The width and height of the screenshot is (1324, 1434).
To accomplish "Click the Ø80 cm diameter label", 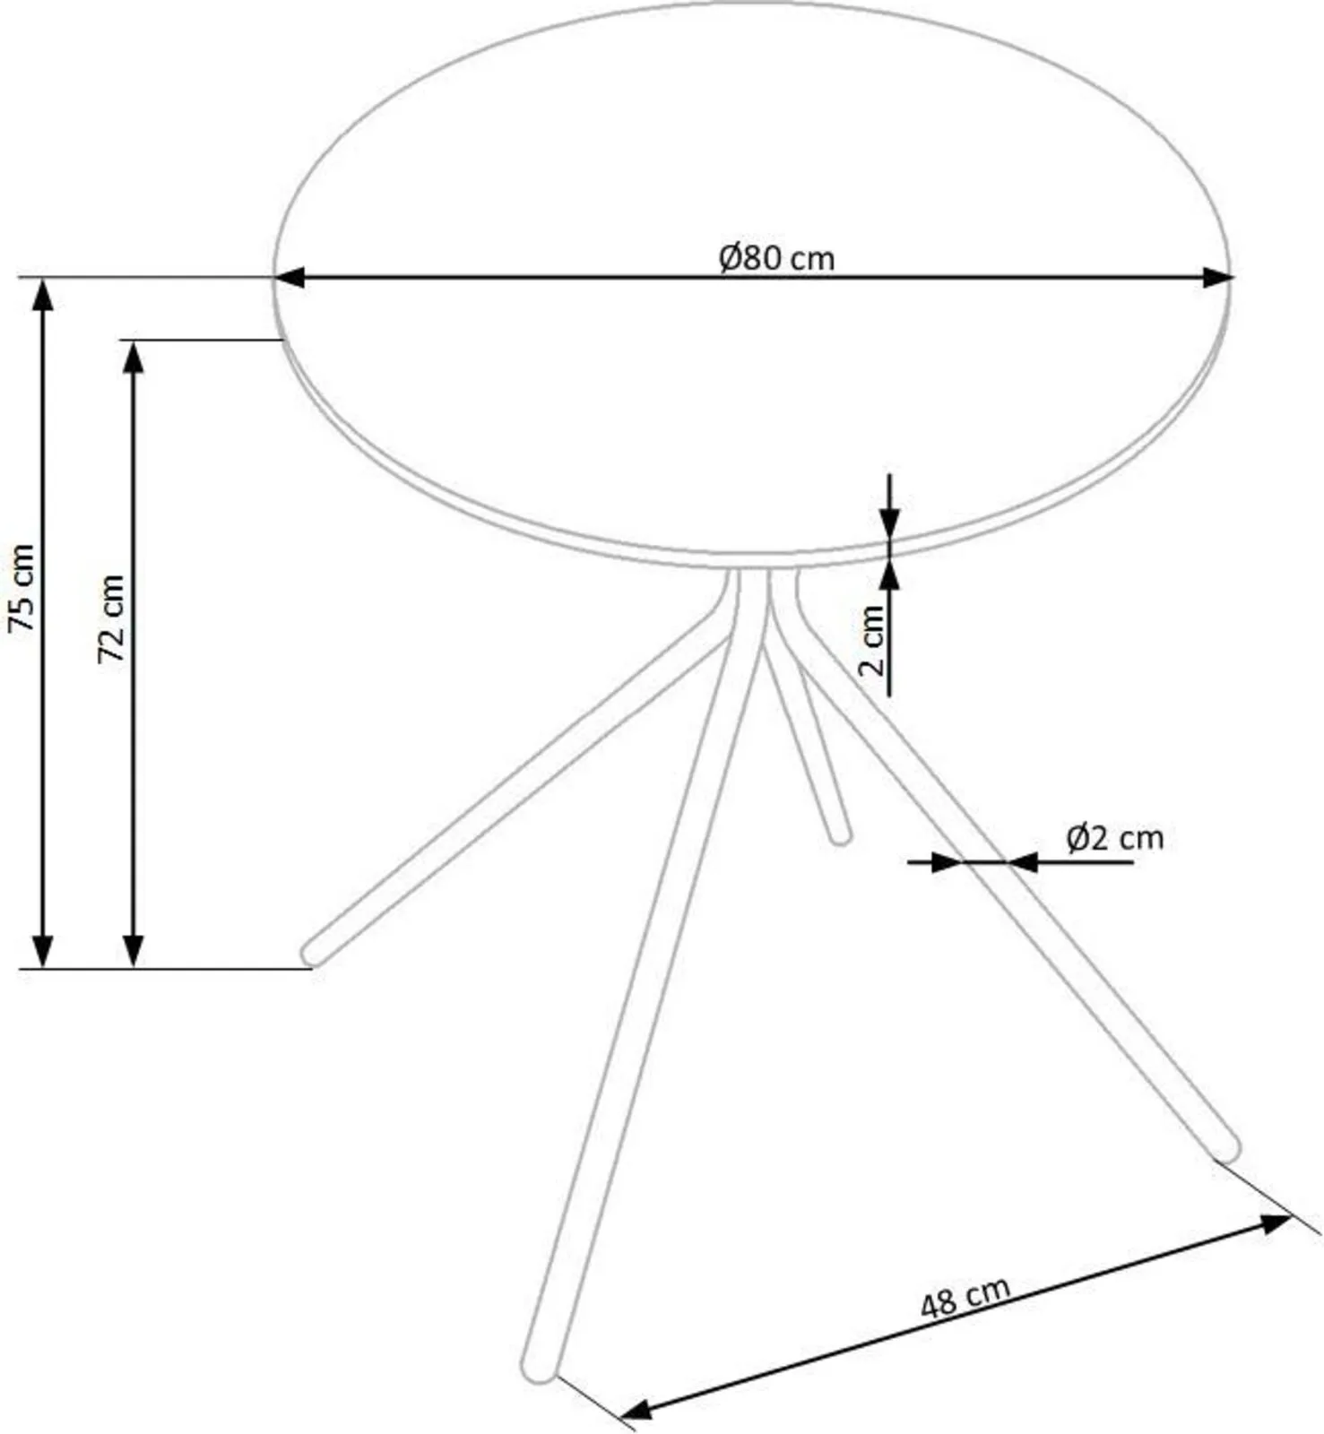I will (776, 258).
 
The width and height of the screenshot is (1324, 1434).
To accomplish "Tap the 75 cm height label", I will (22, 588).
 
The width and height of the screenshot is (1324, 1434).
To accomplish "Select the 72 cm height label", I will (111, 618).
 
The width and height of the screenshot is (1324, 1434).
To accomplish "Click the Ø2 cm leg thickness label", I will (1114, 838).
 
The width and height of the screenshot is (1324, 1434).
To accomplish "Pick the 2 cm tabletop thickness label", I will (871, 640).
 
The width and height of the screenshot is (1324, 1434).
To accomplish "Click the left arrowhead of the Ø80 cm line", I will (289, 278).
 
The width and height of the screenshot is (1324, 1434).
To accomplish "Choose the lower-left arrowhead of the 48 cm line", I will (635, 1412).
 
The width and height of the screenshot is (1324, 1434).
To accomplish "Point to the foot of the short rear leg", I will (840, 836).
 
